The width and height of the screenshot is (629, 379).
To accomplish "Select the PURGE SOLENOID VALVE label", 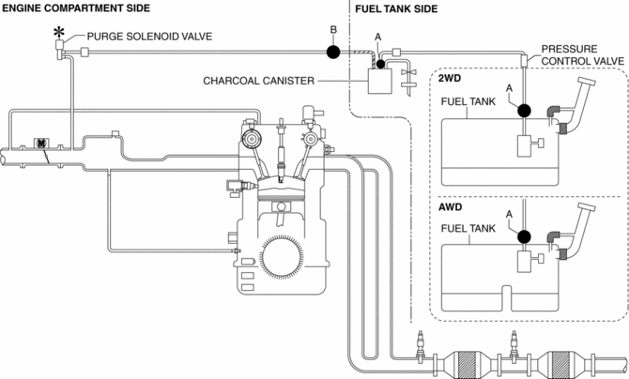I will [148, 37].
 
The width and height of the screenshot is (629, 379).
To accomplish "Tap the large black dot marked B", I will [333, 52].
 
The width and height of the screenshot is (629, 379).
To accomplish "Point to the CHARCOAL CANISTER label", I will [258, 81].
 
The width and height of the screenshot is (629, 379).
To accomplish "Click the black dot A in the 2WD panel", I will [523, 111].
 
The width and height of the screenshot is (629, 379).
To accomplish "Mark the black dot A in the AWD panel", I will [523, 236].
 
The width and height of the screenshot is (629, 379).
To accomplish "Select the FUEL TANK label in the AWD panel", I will [471, 228].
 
